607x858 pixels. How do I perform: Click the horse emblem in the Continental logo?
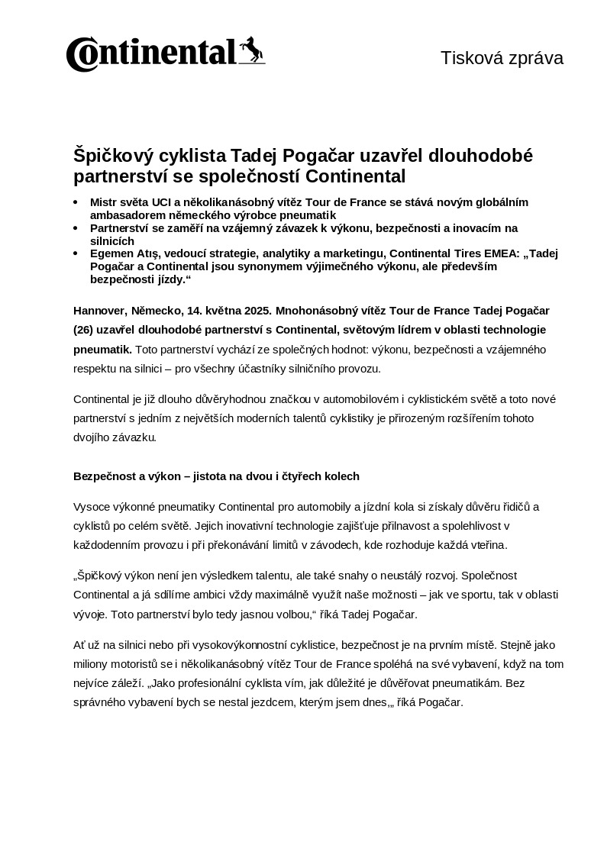click(x=250, y=50)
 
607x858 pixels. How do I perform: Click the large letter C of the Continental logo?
click(x=80, y=55)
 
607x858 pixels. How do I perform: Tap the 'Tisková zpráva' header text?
click(x=502, y=58)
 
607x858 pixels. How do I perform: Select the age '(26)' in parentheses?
click(x=83, y=330)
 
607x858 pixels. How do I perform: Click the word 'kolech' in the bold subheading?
click(x=342, y=476)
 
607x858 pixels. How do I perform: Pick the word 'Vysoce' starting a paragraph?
click(x=90, y=507)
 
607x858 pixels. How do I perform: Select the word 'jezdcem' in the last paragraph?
click(x=299, y=702)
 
